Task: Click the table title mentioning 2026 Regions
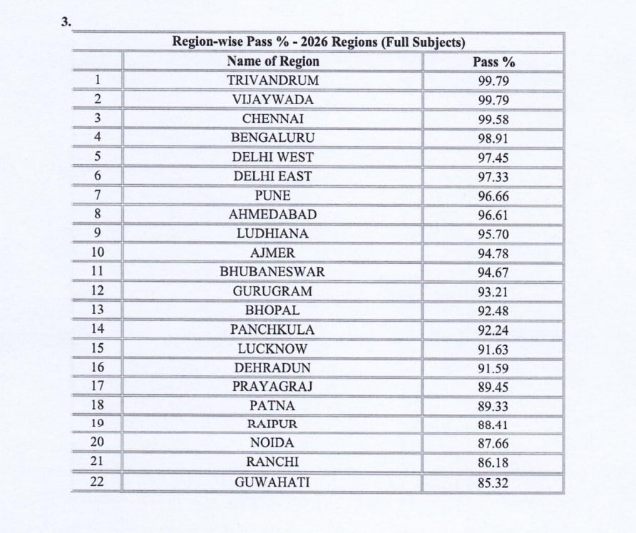(319, 42)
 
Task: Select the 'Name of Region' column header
(273, 61)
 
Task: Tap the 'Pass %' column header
(493, 62)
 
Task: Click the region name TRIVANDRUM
(273, 80)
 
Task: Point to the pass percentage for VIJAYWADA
(493, 101)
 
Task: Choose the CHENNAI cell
(273, 118)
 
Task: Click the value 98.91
(493, 138)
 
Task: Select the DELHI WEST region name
(273, 157)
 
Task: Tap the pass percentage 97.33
(493, 177)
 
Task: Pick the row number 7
(98, 195)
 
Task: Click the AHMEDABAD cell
(273, 214)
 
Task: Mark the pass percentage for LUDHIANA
(493, 234)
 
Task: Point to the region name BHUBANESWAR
(273, 272)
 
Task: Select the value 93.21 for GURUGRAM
(493, 292)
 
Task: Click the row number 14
(98, 329)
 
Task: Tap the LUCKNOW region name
(273, 349)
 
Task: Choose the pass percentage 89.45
(493, 387)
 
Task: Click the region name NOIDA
(273, 443)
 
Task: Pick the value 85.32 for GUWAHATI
(493, 483)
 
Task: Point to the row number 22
(98, 482)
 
